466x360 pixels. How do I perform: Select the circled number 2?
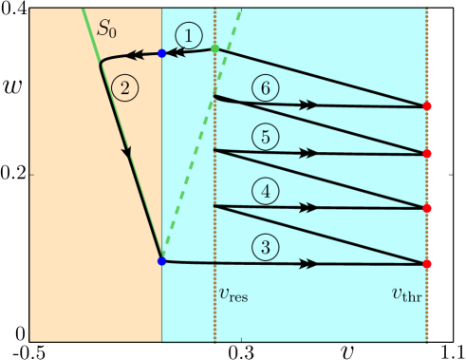[124, 87]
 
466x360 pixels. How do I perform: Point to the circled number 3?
[267, 247]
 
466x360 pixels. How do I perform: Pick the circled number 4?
[267, 192]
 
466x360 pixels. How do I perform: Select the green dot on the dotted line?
[215, 48]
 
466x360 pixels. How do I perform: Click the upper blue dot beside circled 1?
[161, 53]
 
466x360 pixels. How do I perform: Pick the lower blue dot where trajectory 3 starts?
[161, 261]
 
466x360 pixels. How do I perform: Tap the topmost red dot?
[427, 106]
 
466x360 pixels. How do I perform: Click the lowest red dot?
[427, 263]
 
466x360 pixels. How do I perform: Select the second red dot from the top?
[427, 153]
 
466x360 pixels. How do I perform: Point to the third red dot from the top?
[427, 208]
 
